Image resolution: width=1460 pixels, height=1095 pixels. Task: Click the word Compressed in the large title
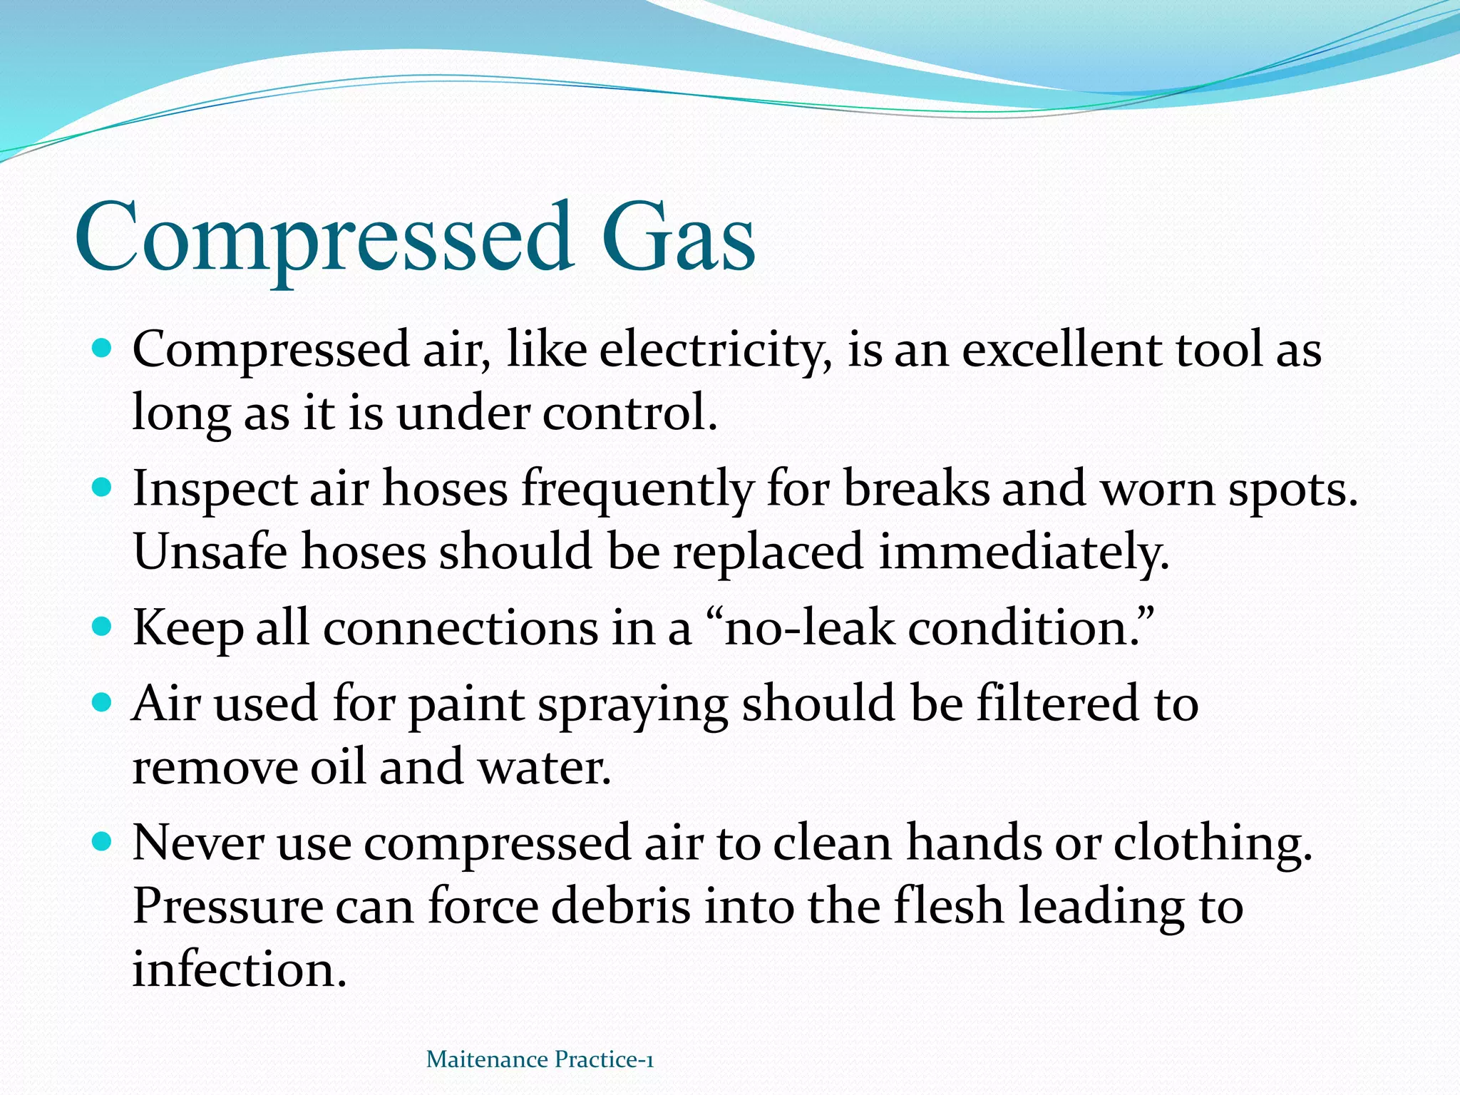pyautogui.click(x=324, y=237)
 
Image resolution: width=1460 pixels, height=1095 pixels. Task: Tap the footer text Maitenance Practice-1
pyautogui.click(x=540, y=1059)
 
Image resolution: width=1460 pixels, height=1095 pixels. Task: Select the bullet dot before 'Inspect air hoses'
pyautogui.click(x=103, y=488)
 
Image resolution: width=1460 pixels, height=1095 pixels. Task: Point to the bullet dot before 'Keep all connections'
pyautogui.click(x=103, y=627)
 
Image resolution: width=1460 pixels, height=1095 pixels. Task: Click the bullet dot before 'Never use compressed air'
pyautogui.click(x=103, y=842)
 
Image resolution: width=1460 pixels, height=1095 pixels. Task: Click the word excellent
pyautogui.click(x=1062, y=351)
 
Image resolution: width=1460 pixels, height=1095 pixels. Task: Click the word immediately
pyautogui.click(x=1024, y=552)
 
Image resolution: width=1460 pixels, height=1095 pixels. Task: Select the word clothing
pyautogui.click(x=1212, y=844)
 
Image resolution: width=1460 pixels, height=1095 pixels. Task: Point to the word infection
pyautogui.click(x=239, y=970)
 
